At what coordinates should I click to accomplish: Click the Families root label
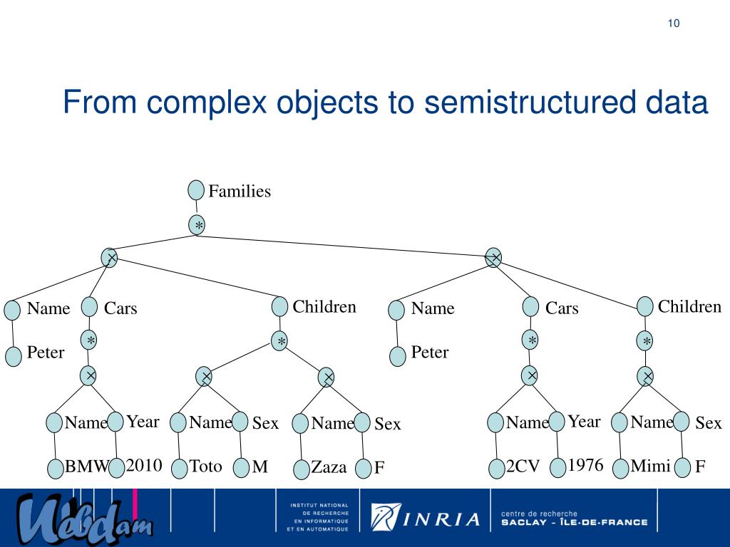coord(240,192)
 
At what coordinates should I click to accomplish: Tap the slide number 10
coord(674,24)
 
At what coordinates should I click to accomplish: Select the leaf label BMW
coord(86,468)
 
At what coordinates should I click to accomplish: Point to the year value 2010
coord(144,467)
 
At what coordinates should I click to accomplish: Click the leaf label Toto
coord(206,467)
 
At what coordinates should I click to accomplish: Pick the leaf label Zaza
coord(329,468)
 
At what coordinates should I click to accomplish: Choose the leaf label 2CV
coord(523,468)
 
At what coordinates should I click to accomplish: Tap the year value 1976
coord(585,467)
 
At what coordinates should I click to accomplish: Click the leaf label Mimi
coord(650,467)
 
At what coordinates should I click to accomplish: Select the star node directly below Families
coord(198,226)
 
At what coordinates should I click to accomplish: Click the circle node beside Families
coord(196,190)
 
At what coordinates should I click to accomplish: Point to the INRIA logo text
coord(442,519)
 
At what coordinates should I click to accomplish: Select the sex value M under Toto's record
coord(260,468)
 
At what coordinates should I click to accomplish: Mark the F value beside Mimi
coord(700,468)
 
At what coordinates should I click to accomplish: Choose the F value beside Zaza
coord(379,469)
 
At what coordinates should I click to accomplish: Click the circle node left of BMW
coord(56,469)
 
